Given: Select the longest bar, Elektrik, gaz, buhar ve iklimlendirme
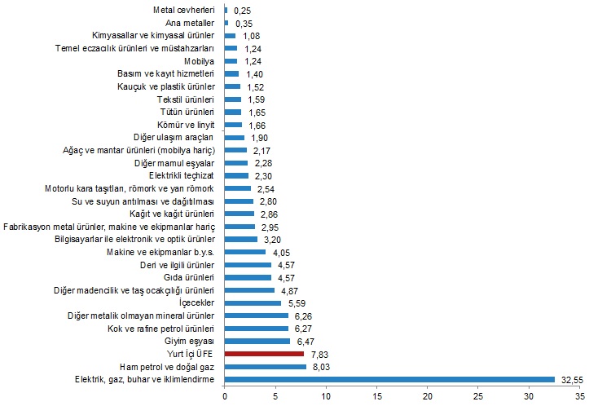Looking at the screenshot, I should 389,379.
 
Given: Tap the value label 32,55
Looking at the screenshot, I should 570,379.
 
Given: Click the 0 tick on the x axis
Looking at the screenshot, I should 225,396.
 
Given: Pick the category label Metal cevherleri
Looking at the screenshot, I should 184,11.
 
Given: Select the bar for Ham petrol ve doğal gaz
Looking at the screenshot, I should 266,367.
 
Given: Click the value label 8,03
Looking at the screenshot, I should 320,367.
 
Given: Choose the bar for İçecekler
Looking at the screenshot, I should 253,302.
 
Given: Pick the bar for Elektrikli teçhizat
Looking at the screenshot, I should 236,175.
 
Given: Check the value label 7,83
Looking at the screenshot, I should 319,354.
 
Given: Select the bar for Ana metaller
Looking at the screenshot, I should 226,24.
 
